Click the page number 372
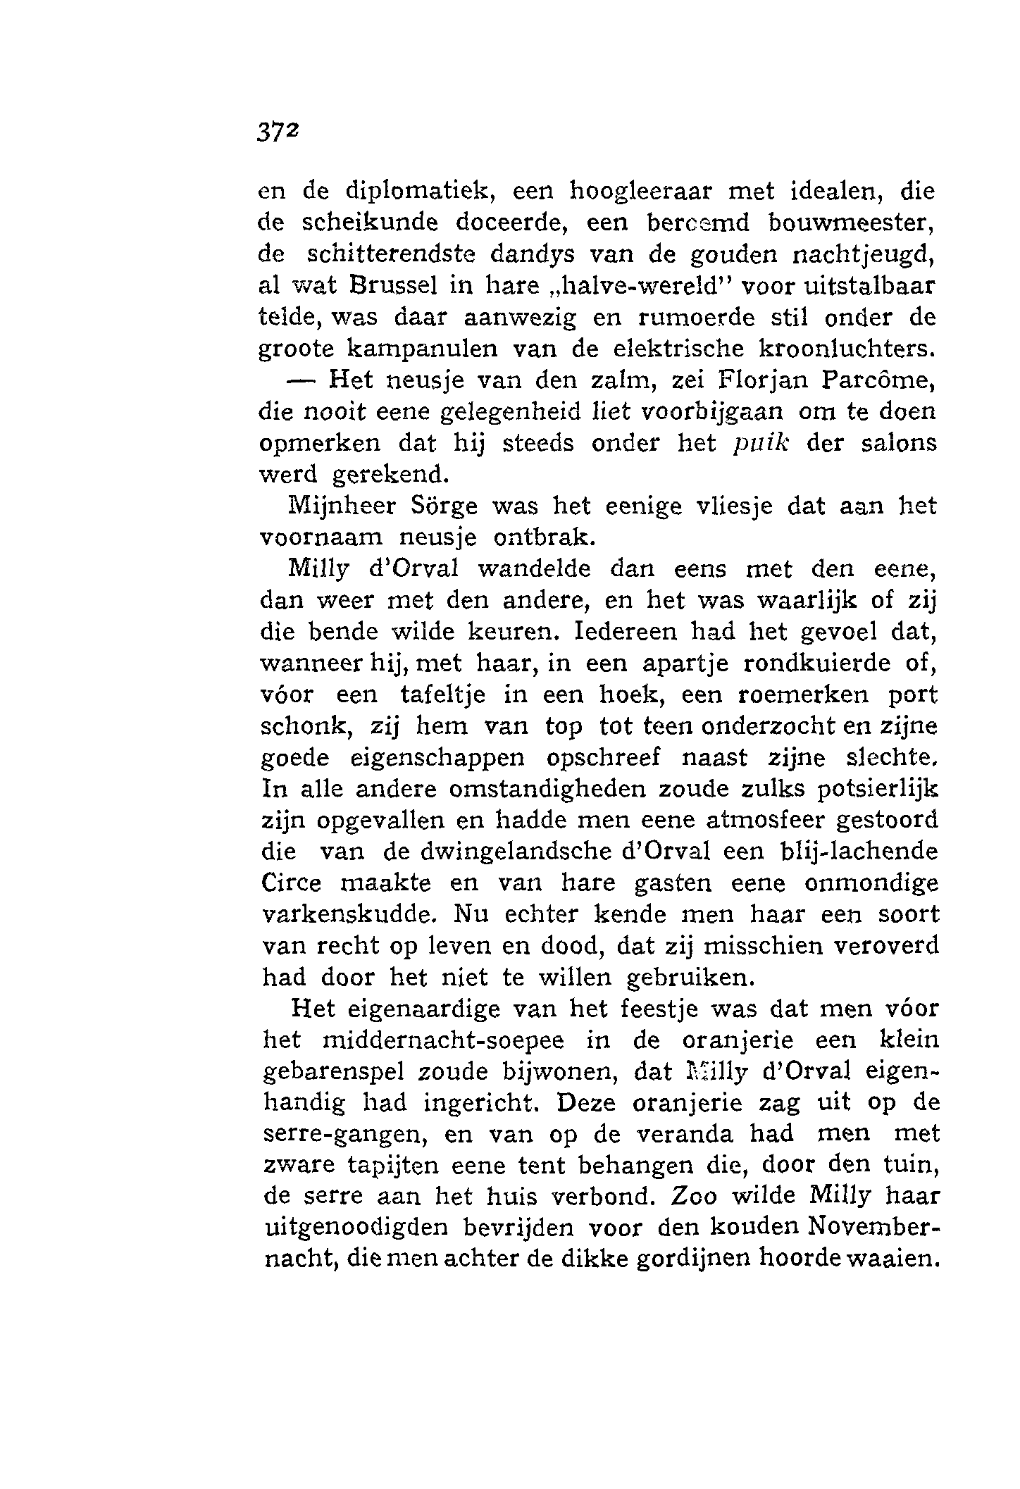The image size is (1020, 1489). click(x=279, y=132)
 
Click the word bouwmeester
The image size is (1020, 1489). click(x=851, y=223)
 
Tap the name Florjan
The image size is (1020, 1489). click(x=764, y=380)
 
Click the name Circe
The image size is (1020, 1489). click(x=291, y=884)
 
